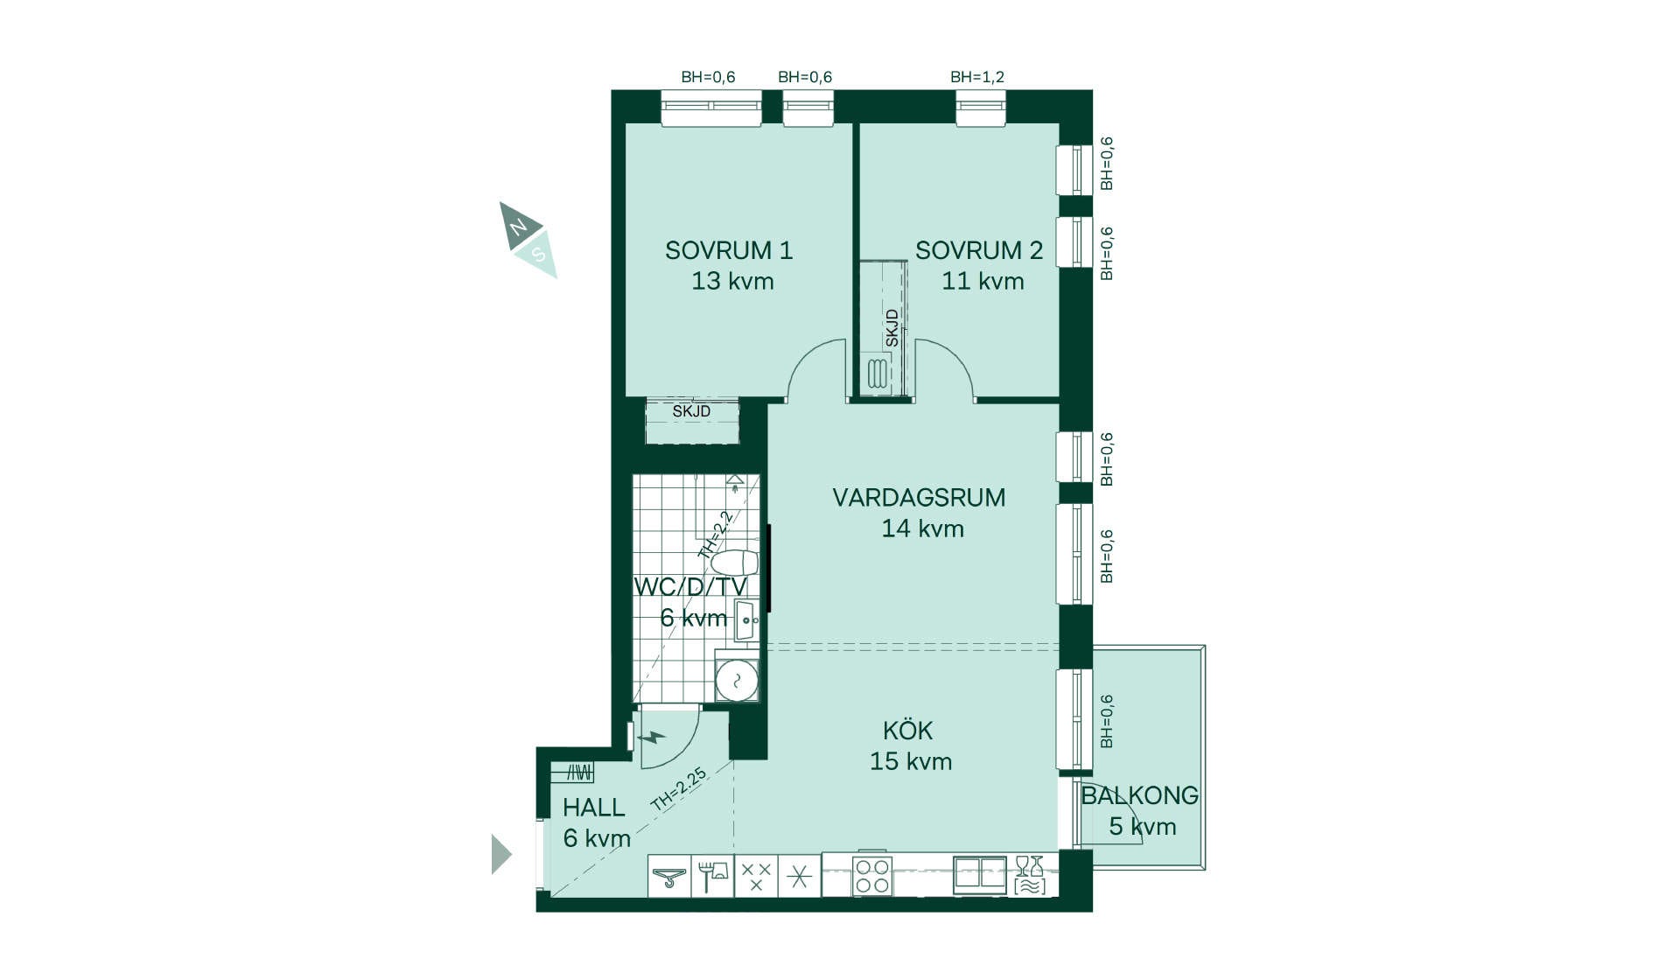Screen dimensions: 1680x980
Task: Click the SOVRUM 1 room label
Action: tap(729, 250)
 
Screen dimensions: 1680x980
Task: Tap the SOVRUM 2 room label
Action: tap(979, 250)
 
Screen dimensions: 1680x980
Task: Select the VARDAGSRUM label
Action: tap(919, 498)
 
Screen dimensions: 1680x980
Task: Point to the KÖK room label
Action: tap(907, 730)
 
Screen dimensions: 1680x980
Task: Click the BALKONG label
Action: tap(1139, 795)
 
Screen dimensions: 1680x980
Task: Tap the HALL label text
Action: tap(593, 808)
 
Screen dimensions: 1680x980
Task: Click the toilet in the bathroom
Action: tap(735, 563)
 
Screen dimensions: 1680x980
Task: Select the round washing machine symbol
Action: tap(737, 681)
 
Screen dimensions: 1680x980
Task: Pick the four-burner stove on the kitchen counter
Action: tap(871, 876)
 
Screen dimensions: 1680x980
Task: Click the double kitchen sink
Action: tap(980, 874)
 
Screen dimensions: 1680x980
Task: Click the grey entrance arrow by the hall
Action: tap(501, 855)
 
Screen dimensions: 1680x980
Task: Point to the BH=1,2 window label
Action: tap(977, 77)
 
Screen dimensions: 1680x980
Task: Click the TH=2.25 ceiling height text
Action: tap(679, 789)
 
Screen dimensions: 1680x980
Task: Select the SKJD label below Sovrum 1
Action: tap(691, 411)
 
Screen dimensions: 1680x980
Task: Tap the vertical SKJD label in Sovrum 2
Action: tap(892, 328)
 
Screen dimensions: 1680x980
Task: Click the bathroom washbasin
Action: tap(746, 620)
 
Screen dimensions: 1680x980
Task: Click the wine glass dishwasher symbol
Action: tap(1030, 875)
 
